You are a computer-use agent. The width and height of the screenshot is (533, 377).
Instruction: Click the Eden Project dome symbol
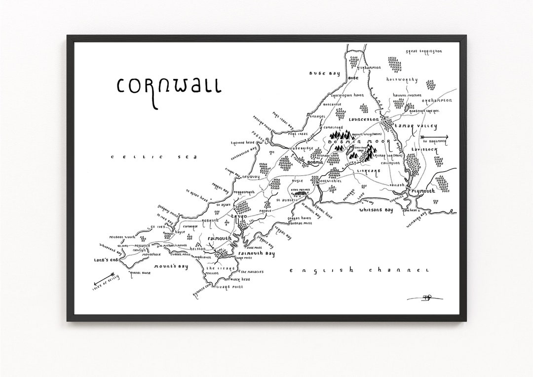299,194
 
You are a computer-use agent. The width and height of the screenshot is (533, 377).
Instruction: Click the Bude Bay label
325,74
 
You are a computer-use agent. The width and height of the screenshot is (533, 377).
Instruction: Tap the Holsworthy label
402,79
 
